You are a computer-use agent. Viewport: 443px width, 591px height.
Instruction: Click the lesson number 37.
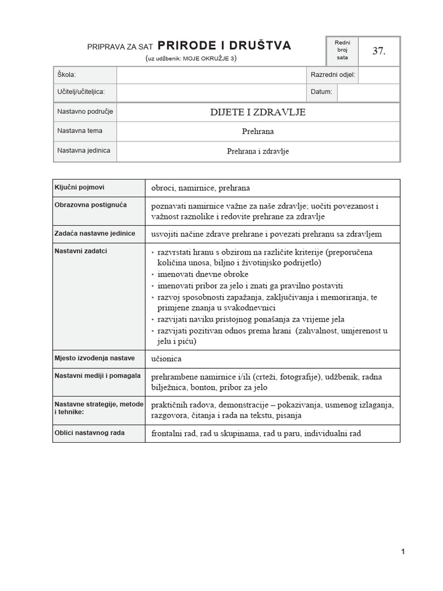coord(378,51)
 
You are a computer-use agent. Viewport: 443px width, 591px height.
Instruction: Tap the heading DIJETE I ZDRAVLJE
coord(258,112)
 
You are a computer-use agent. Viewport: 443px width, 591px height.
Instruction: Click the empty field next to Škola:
coord(211,75)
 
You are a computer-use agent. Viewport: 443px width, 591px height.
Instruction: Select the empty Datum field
coord(368,92)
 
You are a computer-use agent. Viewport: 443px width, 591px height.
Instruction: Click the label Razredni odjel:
coord(333,75)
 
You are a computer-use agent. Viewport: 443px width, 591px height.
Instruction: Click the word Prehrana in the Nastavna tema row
coord(258,131)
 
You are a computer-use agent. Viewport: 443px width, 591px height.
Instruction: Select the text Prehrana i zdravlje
coord(258,151)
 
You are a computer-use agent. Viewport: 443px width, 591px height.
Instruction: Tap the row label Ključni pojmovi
coord(80,188)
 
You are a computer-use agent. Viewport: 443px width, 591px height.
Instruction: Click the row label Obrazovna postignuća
coord(91,205)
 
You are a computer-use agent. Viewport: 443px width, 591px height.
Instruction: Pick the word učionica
coord(166,359)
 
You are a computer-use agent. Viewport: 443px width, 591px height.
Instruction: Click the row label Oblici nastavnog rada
coord(89,432)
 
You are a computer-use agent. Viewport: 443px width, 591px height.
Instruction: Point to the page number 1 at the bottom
coord(403,552)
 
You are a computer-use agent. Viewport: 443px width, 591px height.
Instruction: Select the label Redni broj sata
coord(342,51)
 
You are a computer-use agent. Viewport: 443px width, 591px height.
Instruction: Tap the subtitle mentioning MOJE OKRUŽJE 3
coord(191,58)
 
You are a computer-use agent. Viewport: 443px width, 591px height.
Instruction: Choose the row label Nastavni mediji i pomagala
coord(97,376)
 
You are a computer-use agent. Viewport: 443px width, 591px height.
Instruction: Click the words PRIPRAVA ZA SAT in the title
coord(120,47)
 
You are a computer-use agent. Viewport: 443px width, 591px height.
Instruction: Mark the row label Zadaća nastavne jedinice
coord(95,233)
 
